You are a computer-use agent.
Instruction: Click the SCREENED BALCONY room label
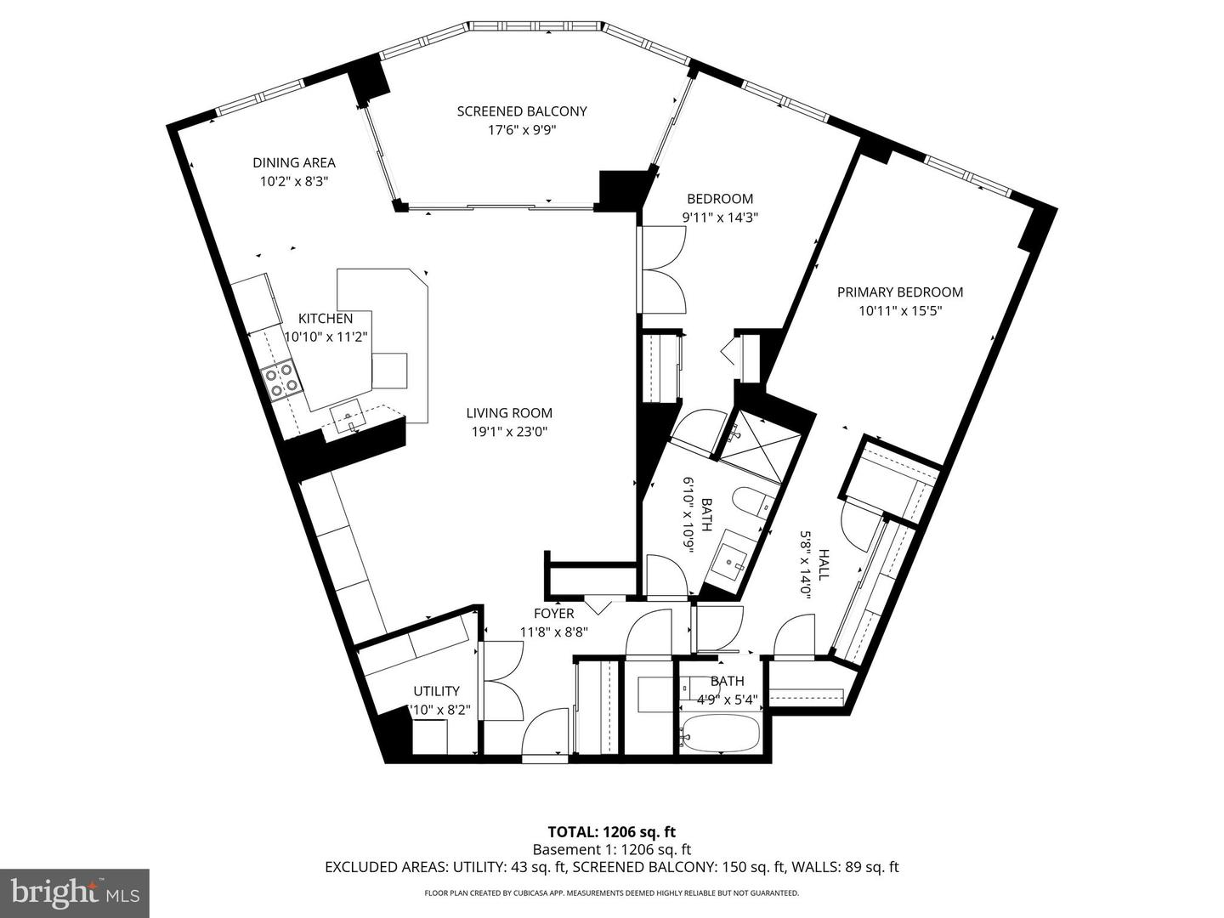click(x=521, y=111)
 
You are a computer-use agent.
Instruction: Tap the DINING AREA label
click(x=293, y=162)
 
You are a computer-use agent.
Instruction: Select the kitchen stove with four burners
click(x=280, y=378)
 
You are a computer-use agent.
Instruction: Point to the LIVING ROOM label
click(x=508, y=413)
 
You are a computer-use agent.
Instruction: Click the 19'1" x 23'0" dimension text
click(x=508, y=432)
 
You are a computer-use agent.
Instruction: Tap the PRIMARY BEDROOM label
click(x=899, y=292)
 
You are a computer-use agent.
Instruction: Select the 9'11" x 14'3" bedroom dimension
click(x=720, y=217)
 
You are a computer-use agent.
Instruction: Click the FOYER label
click(x=553, y=614)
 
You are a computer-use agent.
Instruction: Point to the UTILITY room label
click(x=436, y=691)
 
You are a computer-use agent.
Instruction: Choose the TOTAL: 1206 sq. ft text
click(x=611, y=832)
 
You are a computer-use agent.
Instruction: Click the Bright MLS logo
click(x=75, y=892)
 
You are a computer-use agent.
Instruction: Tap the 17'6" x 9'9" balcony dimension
click(x=521, y=130)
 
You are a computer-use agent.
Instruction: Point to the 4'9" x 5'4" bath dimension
click(x=727, y=700)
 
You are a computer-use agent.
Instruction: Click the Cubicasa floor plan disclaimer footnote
click(x=611, y=893)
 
